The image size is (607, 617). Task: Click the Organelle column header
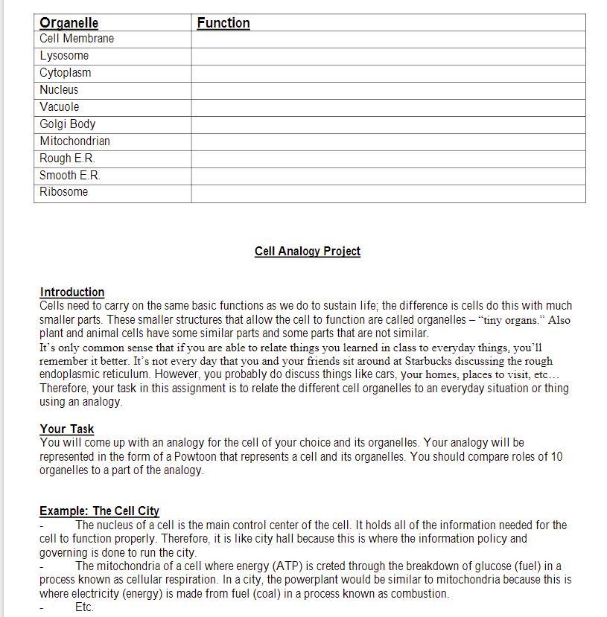[x=69, y=23]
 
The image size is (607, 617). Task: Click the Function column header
[x=223, y=23]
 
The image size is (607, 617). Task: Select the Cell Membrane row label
[x=77, y=39]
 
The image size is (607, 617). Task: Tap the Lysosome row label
[x=64, y=56]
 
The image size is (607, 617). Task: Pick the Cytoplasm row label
[x=66, y=73]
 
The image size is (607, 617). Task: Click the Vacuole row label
[x=59, y=107]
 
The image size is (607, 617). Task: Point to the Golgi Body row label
[x=68, y=124]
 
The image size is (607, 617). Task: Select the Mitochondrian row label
[x=74, y=141]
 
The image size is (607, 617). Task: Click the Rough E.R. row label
[x=67, y=159]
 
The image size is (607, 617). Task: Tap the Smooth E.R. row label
[x=70, y=176]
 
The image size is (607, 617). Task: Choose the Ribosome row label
[x=64, y=192]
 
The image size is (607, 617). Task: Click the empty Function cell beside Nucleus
[x=387, y=90]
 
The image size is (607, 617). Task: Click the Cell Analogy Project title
[x=307, y=252]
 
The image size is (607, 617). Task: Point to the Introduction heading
[x=71, y=292]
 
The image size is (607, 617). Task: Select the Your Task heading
[x=67, y=429]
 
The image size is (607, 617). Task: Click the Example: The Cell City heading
[x=99, y=511]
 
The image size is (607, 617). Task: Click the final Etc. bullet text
[x=84, y=607]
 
